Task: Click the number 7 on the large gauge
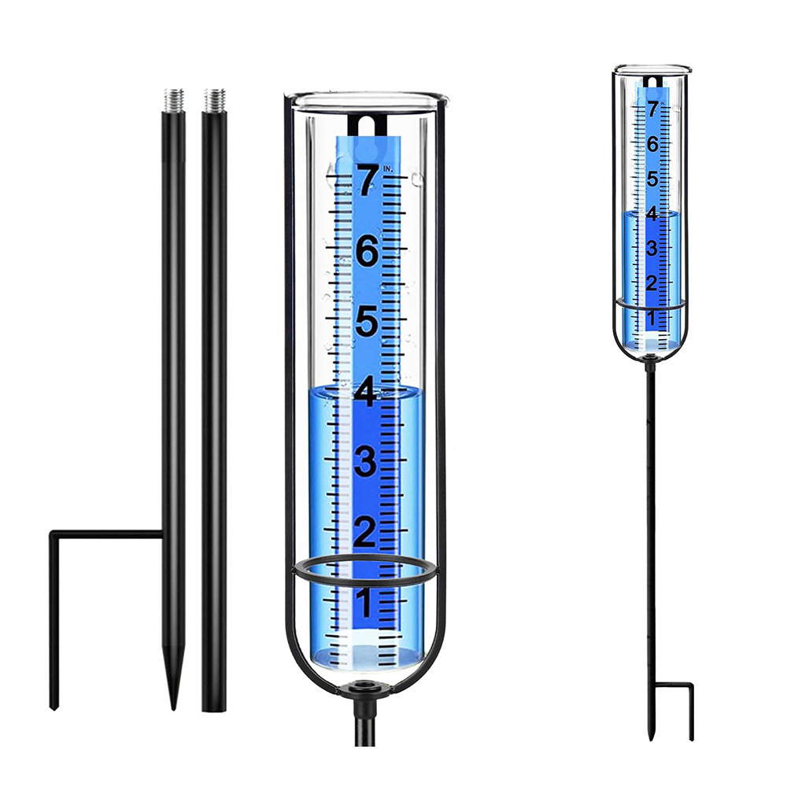point(367,181)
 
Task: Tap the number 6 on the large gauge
point(367,252)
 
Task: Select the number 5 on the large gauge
point(367,322)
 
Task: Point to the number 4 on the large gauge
point(365,392)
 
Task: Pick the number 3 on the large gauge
point(365,462)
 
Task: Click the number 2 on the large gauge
point(365,532)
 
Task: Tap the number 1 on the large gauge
point(364,602)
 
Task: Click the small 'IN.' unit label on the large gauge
point(388,168)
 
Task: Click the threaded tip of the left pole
point(174,101)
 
